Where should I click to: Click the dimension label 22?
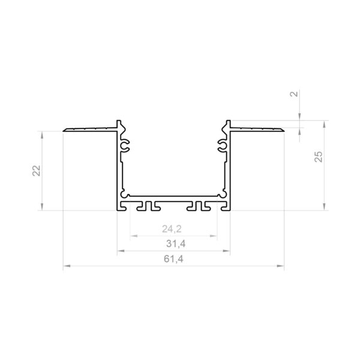pyautogui.click(x=36, y=170)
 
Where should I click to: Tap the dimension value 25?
pyautogui.click(x=319, y=157)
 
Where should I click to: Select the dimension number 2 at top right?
pyautogui.click(x=294, y=94)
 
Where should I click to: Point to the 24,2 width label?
pyautogui.click(x=172, y=229)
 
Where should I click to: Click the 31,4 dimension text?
pyautogui.click(x=176, y=244)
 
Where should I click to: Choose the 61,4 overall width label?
pyautogui.click(x=173, y=259)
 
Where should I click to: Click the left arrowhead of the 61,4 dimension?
pyautogui.click(x=67, y=266)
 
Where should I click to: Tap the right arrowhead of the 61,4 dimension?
pyautogui.click(x=280, y=266)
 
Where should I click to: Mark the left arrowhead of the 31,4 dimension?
pyautogui.click(x=121, y=251)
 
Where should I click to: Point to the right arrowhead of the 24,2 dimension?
pyautogui.click(x=213, y=236)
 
